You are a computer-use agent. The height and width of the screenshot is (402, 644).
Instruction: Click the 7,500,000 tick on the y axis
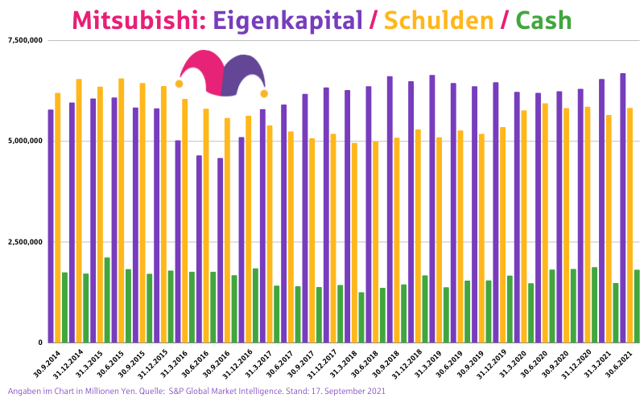tap(24, 40)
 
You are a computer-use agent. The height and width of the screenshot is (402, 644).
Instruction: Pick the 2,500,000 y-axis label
tap(24, 242)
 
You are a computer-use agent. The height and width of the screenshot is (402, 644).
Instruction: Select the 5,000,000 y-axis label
tap(24, 141)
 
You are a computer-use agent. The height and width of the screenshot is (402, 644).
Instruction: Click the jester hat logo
tap(221, 72)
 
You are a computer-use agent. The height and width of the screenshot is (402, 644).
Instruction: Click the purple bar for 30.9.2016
tap(221, 249)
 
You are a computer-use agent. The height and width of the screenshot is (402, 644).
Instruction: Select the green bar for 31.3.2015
tap(107, 299)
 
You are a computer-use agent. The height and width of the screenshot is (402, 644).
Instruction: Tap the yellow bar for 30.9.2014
tap(58, 217)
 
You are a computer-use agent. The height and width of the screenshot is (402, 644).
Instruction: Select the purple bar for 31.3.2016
tap(178, 241)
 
